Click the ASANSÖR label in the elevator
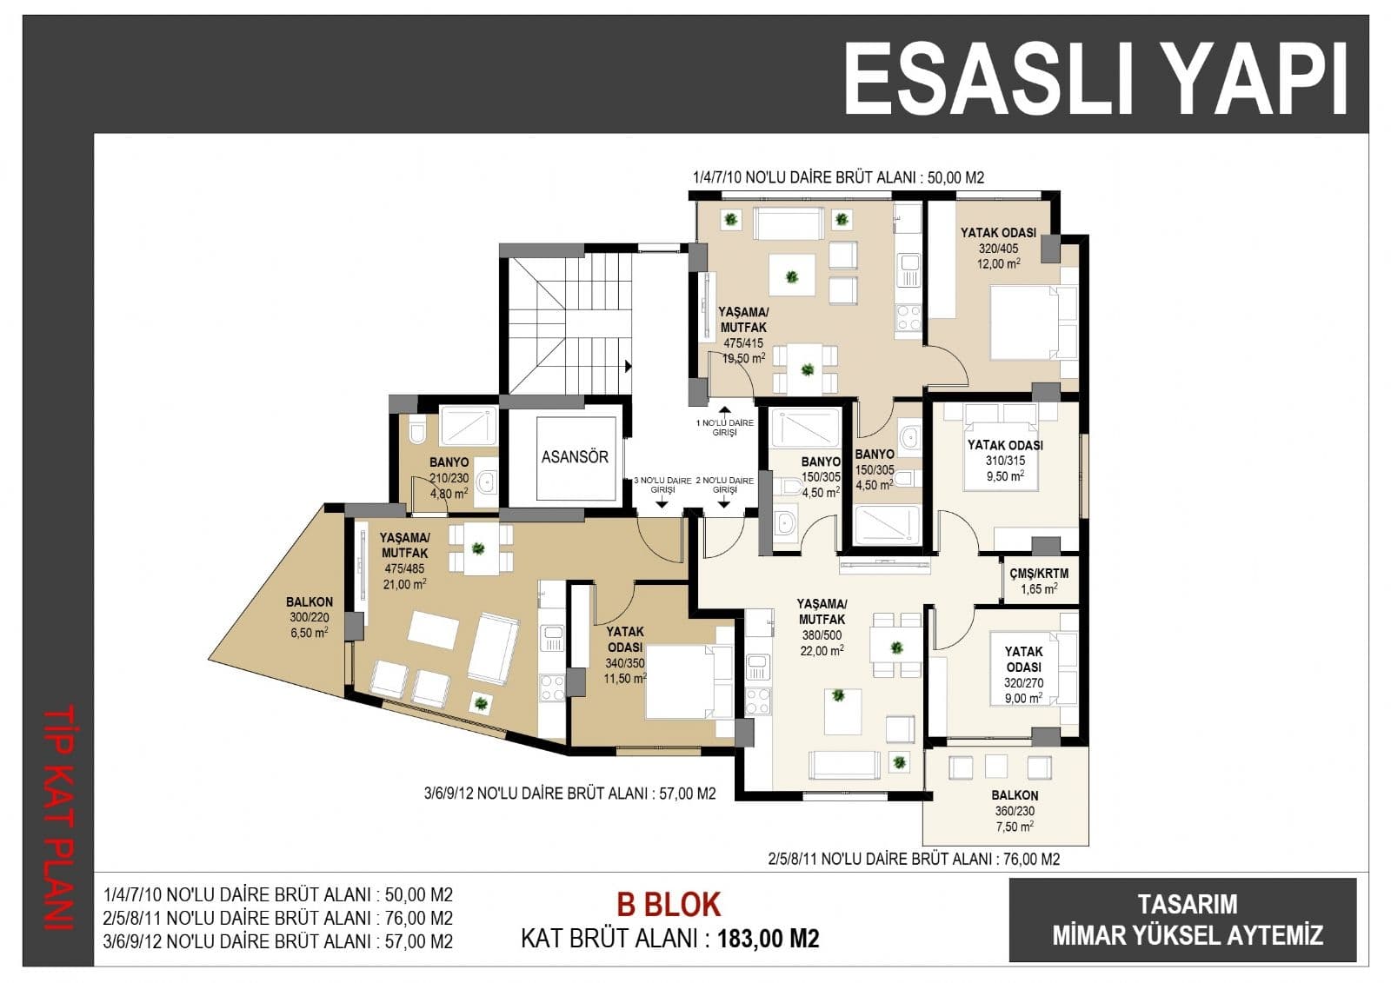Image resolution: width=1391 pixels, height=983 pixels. point(575,457)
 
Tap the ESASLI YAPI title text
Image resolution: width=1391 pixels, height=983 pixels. point(1095,79)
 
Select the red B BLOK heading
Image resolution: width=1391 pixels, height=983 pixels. point(669,905)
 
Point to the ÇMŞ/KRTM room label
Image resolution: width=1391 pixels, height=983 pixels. point(1039,573)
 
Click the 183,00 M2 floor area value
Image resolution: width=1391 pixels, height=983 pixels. point(769,939)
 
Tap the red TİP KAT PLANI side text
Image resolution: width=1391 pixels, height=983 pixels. point(59,818)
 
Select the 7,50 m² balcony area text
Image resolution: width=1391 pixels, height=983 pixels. point(1015,827)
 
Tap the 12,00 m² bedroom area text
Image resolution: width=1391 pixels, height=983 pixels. point(999,263)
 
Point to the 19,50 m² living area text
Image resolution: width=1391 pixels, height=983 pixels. point(743,358)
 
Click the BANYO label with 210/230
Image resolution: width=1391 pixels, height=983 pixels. point(449,462)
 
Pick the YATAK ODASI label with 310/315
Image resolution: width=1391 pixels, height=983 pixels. point(1005,445)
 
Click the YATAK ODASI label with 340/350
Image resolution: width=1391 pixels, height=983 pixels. point(625,639)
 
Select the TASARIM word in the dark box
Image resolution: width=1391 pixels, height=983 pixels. point(1188,904)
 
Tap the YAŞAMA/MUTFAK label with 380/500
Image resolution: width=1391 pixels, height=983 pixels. point(822,612)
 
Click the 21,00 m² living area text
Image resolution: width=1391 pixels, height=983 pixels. point(404,584)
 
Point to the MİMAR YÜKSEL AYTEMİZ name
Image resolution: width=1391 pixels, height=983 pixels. point(1188,935)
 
